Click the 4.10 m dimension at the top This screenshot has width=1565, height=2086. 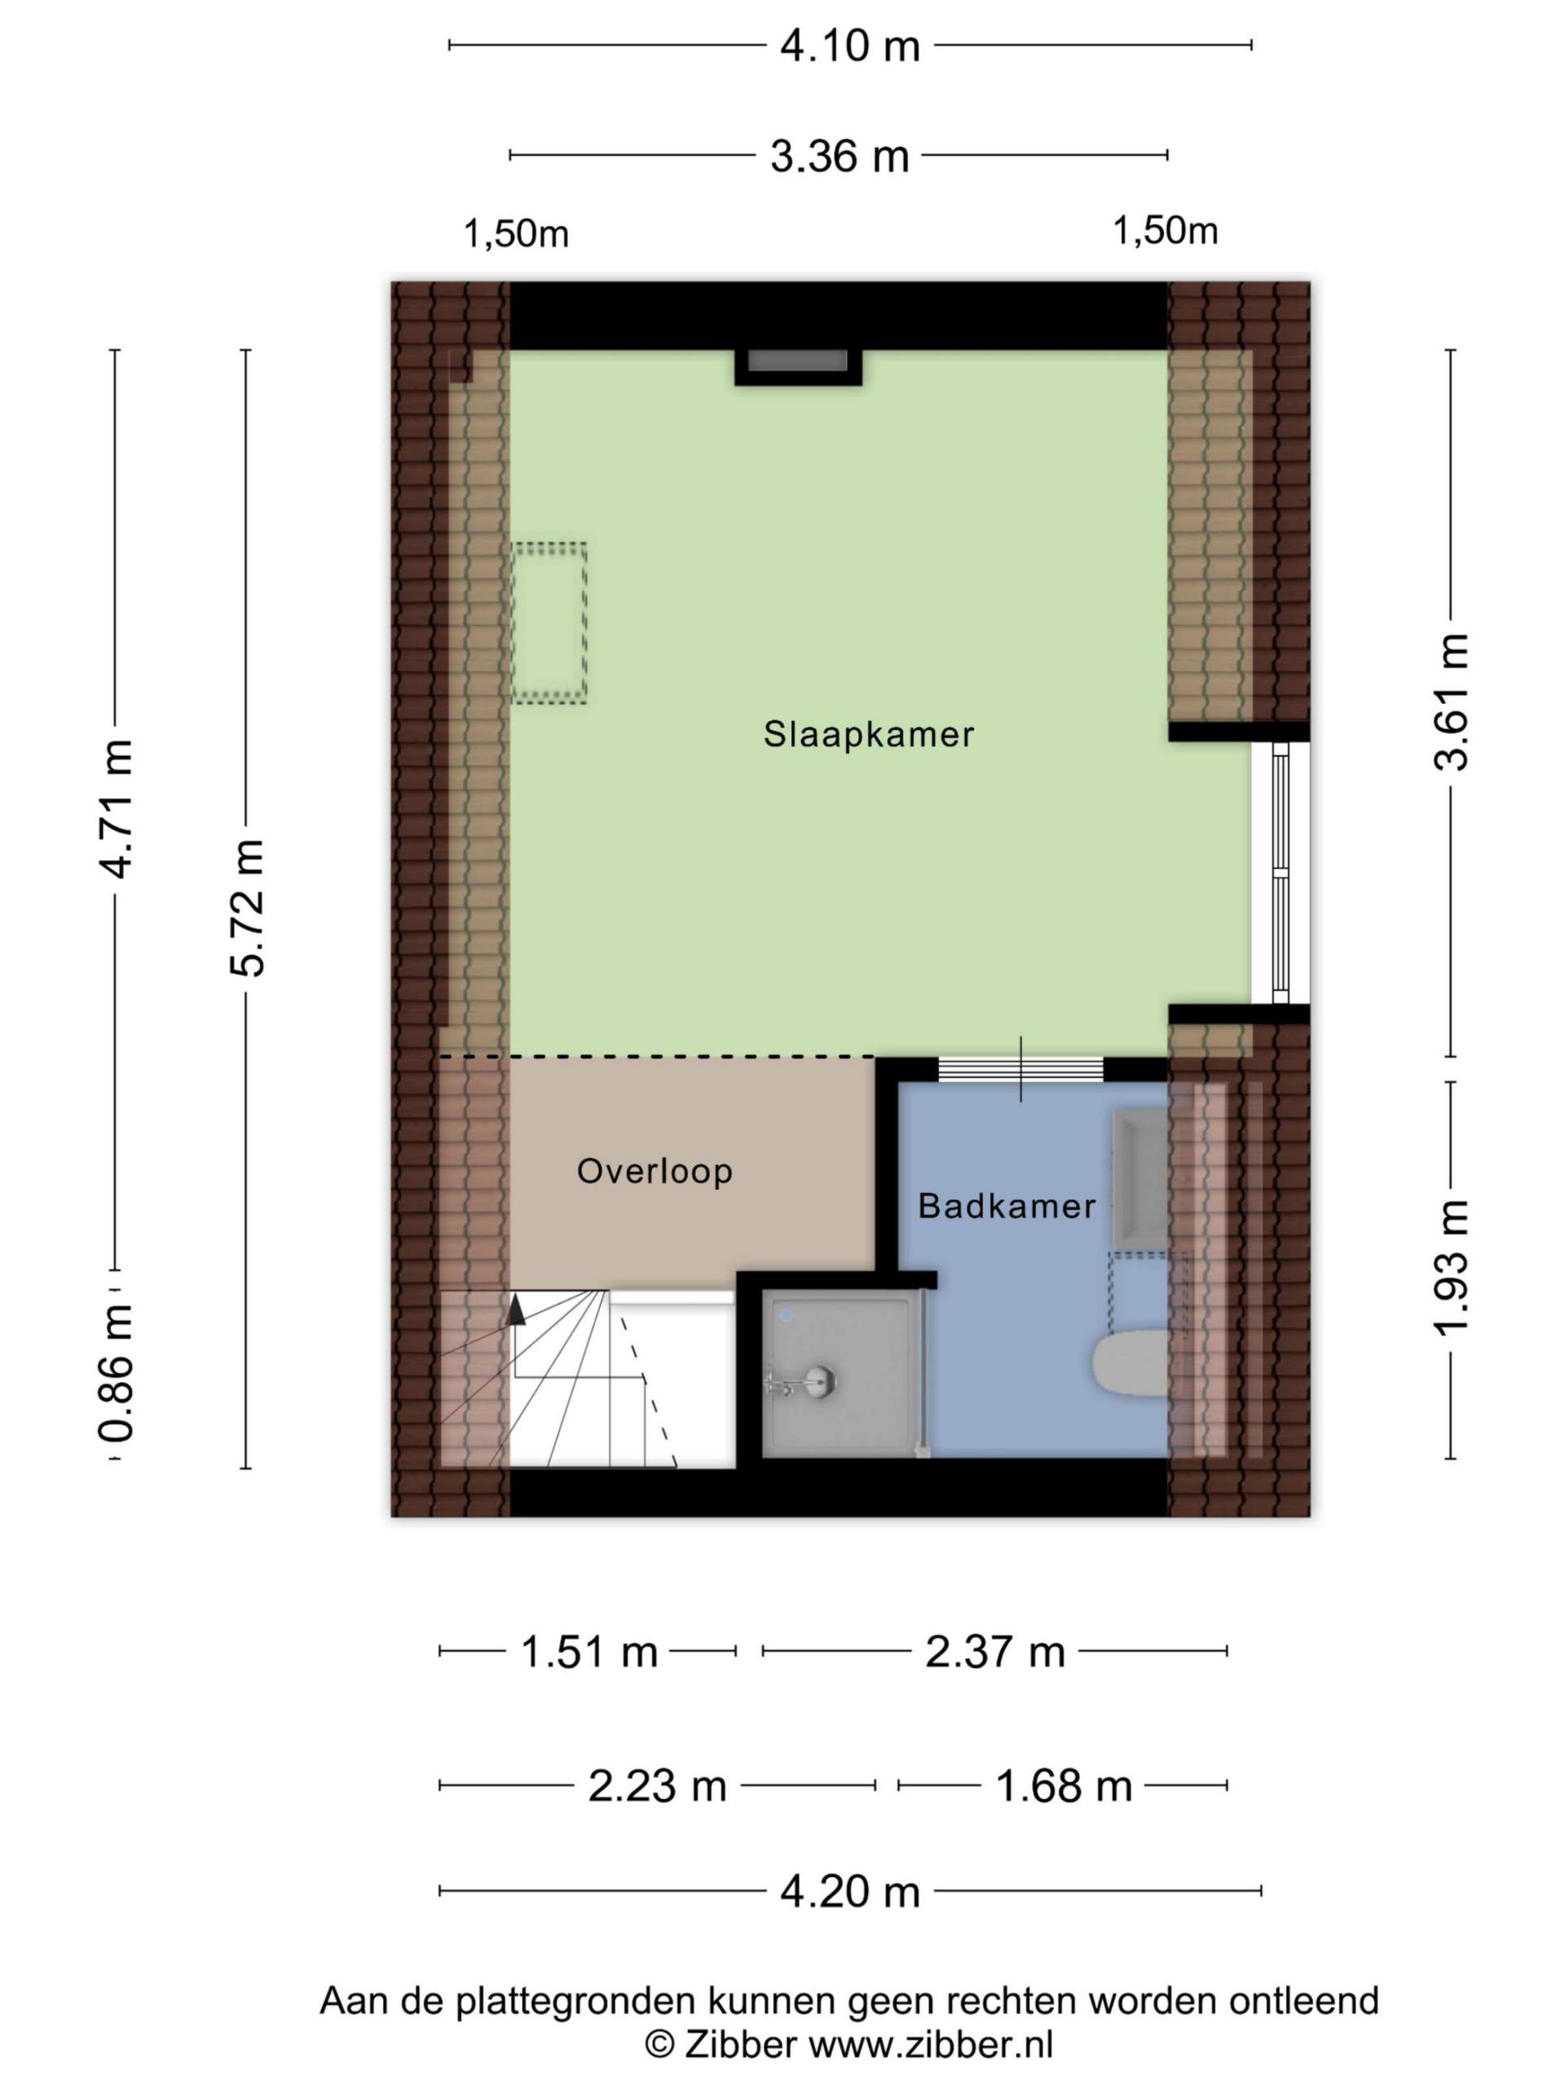tap(849, 46)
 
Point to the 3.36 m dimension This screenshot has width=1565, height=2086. tap(840, 156)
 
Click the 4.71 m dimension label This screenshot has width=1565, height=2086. tap(117, 810)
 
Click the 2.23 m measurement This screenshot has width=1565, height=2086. tap(658, 1785)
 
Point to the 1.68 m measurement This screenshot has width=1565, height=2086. tap(1063, 1785)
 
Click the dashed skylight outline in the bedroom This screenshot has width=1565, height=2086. tap(549, 623)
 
